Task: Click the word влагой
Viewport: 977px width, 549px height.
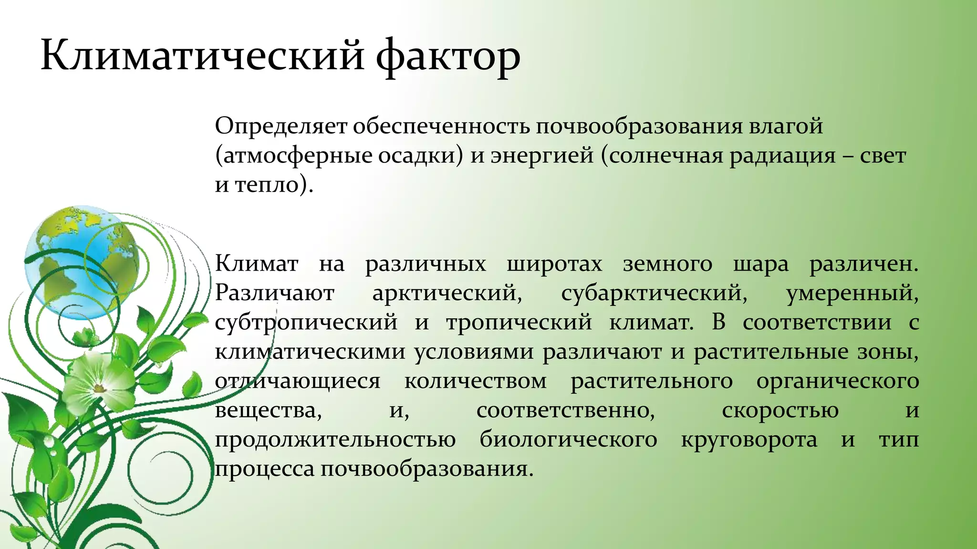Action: (x=786, y=127)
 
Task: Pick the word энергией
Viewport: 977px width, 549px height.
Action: (x=542, y=156)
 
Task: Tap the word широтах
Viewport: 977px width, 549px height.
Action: (x=554, y=264)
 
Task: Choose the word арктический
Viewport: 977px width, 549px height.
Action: (x=447, y=293)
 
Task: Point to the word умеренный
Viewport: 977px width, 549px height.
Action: (x=852, y=293)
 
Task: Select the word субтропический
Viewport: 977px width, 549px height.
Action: (x=306, y=323)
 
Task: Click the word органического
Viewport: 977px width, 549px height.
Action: (x=838, y=381)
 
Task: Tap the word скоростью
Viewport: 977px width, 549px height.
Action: (x=780, y=410)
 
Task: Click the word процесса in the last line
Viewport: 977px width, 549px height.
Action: (x=264, y=469)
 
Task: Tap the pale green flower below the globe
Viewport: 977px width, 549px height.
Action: (x=98, y=381)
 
